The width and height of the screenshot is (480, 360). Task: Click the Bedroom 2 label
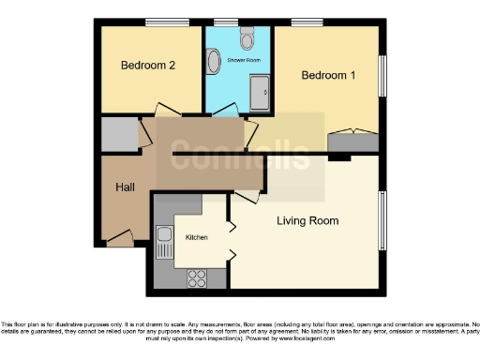pyautogui.click(x=148, y=66)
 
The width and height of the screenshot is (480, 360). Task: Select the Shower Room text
pyautogui.click(x=243, y=61)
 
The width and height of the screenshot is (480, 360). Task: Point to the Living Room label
pyautogui.click(x=307, y=220)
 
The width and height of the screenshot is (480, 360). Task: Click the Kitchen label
pyautogui.click(x=196, y=238)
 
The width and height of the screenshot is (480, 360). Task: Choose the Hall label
pyautogui.click(x=125, y=187)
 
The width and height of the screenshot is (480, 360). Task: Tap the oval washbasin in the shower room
pyautogui.click(x=214, y=64)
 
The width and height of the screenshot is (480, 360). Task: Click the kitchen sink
pyautogui.click(x=163, y=242)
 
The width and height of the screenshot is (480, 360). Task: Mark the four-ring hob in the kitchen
pyautogui.click(x=198, y=277)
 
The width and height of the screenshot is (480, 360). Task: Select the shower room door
pyautogui.click(x=225, y=114)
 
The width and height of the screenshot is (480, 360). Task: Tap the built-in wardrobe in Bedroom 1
pyautogui.click(x=353, y=142)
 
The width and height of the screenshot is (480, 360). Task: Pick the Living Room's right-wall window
pyautogui.click(x=382, y=221)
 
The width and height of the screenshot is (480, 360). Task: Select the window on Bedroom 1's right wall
pyautogui.click(x=382, y=75)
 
